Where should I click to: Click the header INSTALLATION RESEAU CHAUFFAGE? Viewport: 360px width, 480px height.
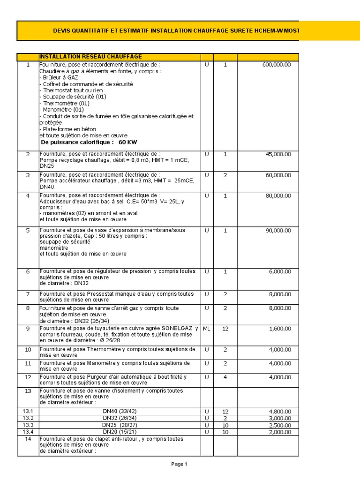90,57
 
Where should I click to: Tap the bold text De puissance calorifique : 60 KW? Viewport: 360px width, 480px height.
89,142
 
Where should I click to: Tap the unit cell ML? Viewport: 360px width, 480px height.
207,329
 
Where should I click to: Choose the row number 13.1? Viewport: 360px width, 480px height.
28,411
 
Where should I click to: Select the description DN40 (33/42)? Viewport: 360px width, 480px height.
120,411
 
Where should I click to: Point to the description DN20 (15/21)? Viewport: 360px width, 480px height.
120,432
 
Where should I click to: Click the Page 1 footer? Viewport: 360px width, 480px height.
179,464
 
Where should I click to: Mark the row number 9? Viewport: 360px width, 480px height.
28,329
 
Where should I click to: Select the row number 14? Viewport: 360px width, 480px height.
28,439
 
